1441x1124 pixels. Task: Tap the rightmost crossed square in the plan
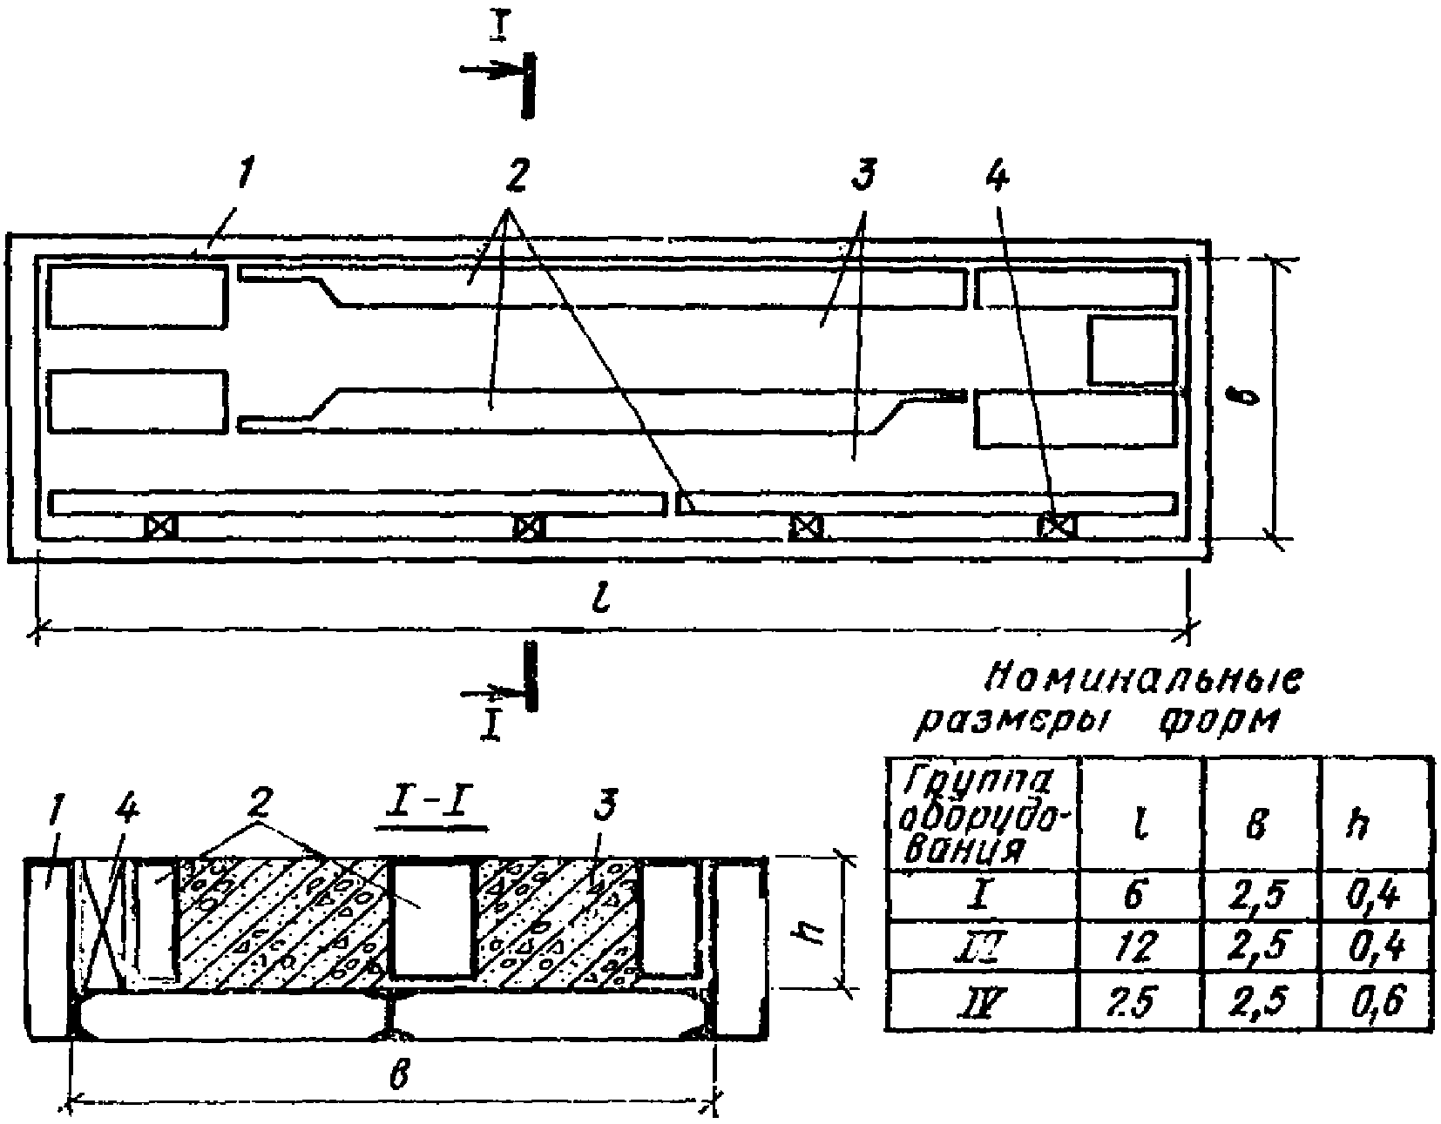(1057, 526)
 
